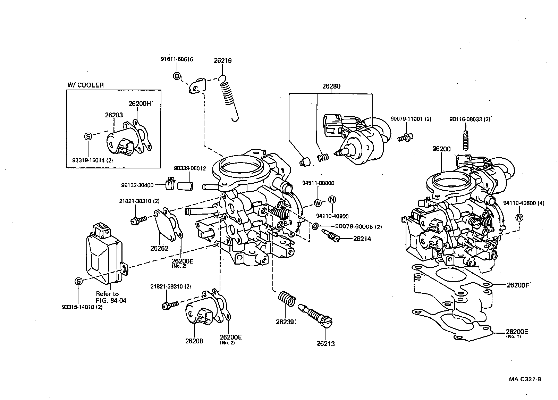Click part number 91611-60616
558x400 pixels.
coord(177,59)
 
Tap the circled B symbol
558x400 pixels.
coord(177,76)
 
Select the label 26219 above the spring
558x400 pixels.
coord(222,60)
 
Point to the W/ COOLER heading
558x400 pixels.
coord(85,85)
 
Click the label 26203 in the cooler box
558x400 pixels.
coord(114,115)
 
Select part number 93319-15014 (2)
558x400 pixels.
coord(93,160)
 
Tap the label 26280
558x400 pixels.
coord(331,86)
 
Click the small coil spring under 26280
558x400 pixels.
coord(323,158)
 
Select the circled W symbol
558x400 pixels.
coord(318,203)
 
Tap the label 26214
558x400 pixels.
coord(362,239)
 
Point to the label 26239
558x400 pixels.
coord(285,322)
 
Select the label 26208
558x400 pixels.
coord(194,341)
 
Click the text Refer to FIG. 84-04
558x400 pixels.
coord(111,297)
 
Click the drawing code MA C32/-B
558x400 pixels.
coord(525,379)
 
